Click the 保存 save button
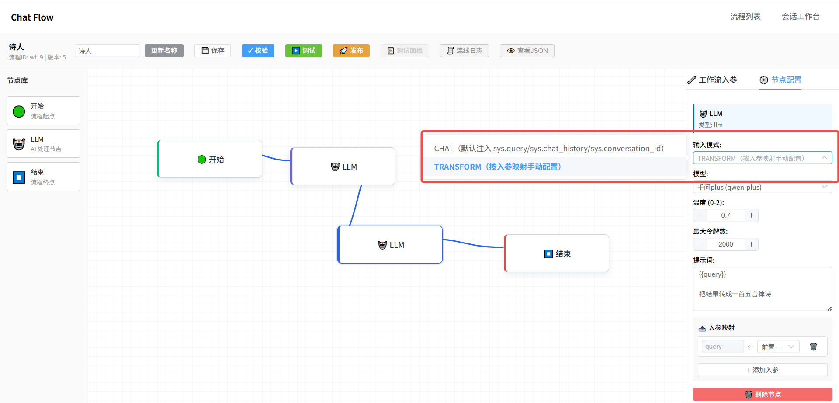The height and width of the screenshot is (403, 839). click(212, 51)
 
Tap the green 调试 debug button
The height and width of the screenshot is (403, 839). click(304, 51)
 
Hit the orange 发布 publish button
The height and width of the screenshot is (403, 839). click(351, 51)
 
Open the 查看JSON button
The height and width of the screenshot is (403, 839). click(527, 51)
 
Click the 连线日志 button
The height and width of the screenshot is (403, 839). click(465, 51)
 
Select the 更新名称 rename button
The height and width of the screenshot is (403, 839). click(164, 51)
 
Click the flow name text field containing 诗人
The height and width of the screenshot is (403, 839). click(107, 51)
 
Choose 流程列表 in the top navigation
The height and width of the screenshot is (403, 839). click(745, 17)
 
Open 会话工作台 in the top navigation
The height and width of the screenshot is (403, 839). click(801, 17)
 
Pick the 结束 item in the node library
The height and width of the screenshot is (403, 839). click(43, 177)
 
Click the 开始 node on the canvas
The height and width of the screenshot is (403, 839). click(210, 159)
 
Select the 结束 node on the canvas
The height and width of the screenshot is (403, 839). click(557, 254)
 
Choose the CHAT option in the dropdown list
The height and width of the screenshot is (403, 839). click(549, 149)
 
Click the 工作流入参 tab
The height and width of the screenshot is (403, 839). click(712, 80)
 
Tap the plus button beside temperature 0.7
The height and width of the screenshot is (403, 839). click(751, 215)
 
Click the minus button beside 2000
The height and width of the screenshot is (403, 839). click(700, 244)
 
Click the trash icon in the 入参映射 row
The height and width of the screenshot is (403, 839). click(813, 347)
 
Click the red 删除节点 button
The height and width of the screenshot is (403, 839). click(763, 394)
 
